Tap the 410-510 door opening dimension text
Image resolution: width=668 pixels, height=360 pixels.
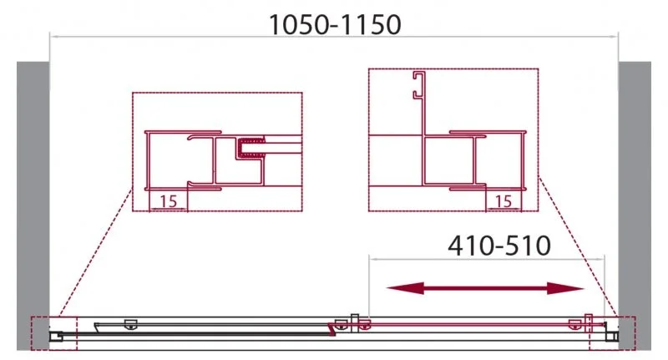point(499,246)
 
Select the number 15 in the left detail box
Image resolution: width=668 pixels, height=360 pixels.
point(168,200)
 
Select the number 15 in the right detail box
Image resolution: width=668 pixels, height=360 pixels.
point(504,200)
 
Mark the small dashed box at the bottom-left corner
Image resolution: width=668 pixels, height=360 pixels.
point(53,333)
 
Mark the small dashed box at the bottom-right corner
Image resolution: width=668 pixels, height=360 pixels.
point(612,333)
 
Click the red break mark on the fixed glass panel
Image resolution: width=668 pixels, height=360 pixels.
point(334,332)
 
